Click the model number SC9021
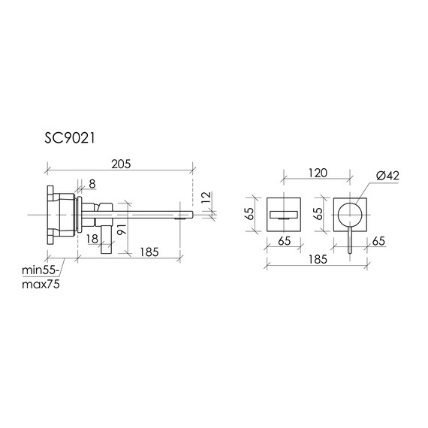[68, 138]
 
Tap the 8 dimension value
[92, 183]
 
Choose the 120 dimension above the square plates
[318, 173]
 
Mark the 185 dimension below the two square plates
[316, 258]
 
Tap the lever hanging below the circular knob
[349, 243]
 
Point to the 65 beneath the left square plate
[285, 242]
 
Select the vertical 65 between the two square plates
[318, 213]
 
